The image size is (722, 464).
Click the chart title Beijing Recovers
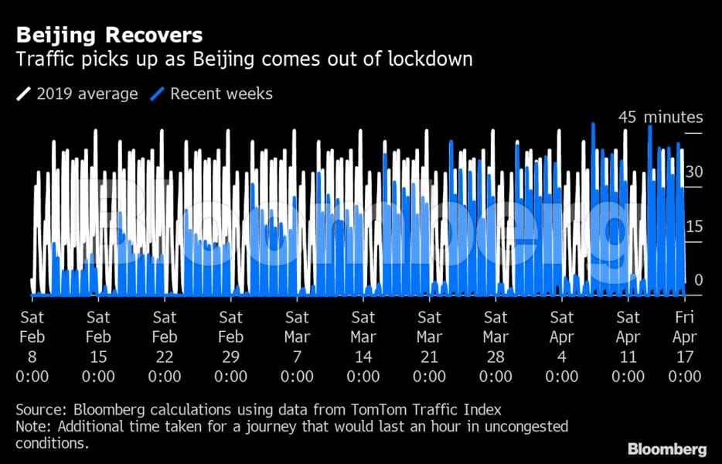click(109, 35)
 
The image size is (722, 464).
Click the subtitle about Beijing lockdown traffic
click(244, 59)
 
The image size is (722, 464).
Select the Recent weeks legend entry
click(213, 94)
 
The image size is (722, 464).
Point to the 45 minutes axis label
click(660, 118)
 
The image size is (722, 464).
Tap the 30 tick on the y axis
click(693, 172)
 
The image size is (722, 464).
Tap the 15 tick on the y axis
click(693, 227)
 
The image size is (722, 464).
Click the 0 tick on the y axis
click(698, 280)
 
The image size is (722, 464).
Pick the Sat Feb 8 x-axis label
click(32, 346)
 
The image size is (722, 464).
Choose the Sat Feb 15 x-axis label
click(98, 346)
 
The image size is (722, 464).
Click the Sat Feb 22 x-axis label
click(165, 346)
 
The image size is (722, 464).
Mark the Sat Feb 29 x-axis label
click(231, 346)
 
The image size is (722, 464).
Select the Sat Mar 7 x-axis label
click(298, 346)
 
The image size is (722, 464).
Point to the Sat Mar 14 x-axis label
click(363, 346)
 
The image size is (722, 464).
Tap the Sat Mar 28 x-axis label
click(496, 346)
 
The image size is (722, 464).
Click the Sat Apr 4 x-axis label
click(562, 346)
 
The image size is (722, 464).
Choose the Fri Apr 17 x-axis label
click(685, 346)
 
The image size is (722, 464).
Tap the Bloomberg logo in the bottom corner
click(666, 449)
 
